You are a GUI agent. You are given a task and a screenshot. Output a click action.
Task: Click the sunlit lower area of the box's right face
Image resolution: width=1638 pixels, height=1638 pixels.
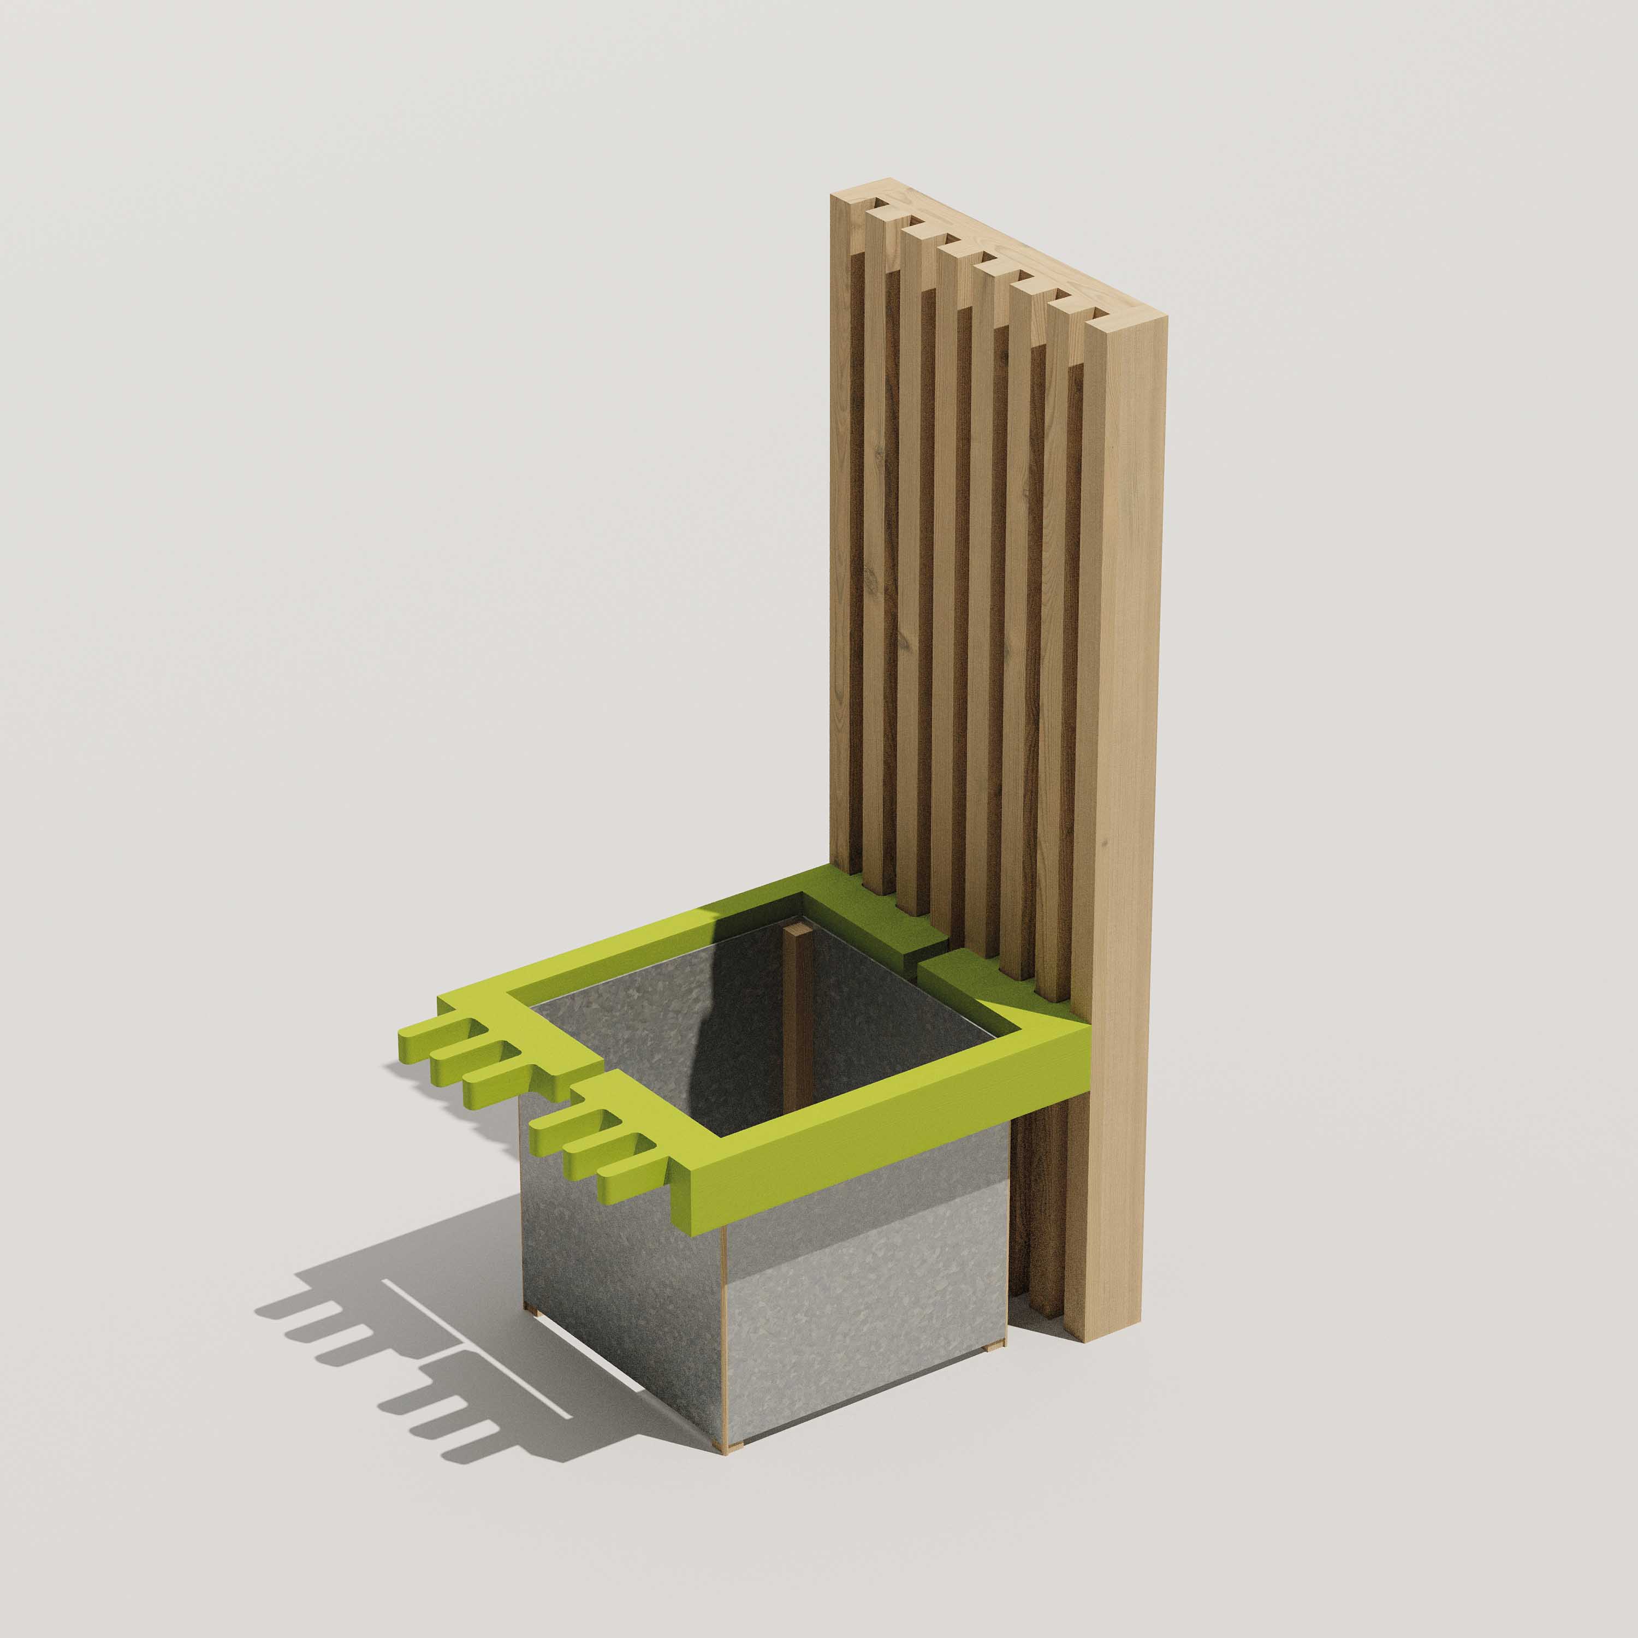tap(865, 1339)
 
